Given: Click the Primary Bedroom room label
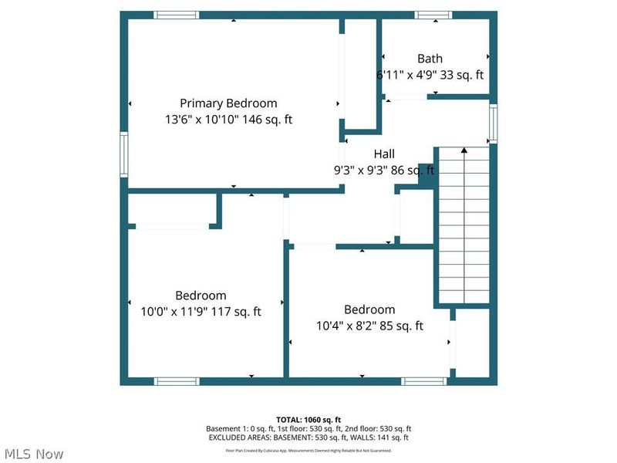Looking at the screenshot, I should point(228,103).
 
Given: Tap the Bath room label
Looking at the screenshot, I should point(430,58).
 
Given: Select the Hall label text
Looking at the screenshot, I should point(384,154).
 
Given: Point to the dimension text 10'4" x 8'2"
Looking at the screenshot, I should point(345,326).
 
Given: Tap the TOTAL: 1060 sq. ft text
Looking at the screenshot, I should point(308,419).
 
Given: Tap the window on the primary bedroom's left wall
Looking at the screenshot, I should point(123,154).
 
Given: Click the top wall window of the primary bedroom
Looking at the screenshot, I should point(176,15).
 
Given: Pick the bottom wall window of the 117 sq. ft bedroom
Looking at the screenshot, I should point(176,381).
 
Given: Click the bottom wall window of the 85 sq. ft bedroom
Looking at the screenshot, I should point(424,381).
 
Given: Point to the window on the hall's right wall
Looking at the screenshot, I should point(493,124).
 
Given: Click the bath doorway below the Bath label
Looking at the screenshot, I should point(406,96).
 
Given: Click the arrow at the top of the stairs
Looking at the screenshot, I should point(464,150).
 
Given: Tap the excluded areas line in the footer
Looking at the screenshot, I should point(308,438).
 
